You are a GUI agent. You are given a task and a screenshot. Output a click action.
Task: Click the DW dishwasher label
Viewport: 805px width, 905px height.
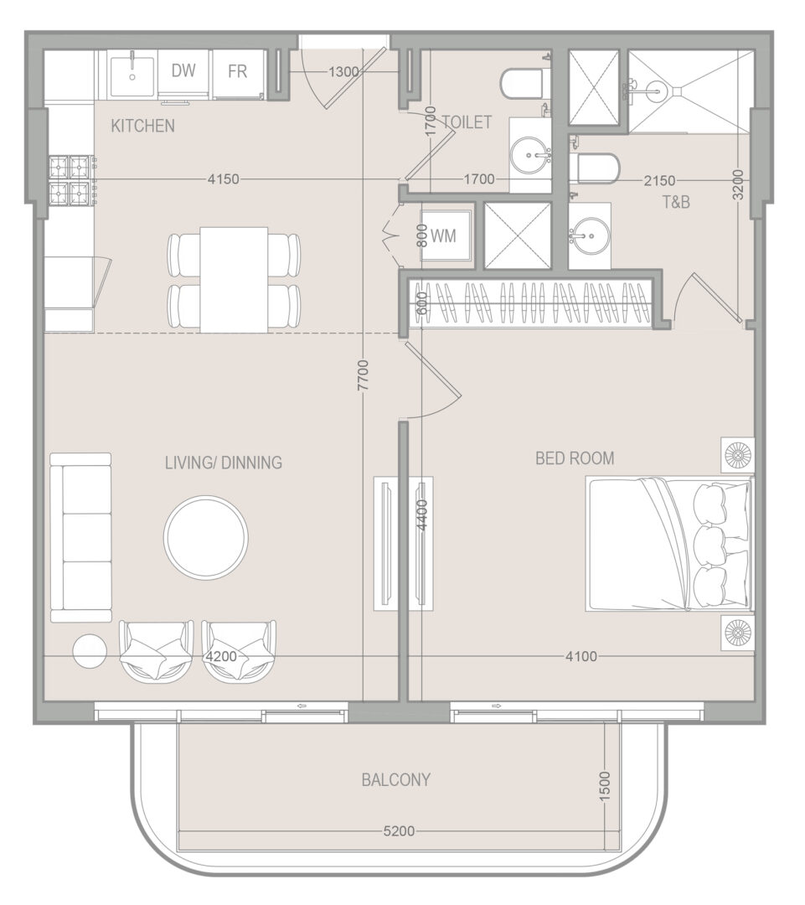183,70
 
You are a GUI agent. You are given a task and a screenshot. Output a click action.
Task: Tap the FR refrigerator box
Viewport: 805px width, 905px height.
239,73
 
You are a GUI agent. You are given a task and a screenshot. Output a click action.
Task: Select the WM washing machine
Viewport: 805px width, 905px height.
446,235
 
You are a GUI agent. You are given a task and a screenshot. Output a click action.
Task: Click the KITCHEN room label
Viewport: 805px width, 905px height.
142,126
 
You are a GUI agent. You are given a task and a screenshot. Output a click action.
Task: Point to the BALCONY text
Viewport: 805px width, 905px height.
396,780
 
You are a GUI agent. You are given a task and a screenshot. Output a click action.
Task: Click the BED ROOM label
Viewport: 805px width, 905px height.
575,458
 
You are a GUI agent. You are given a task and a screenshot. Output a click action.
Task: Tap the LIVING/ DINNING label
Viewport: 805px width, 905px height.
224,463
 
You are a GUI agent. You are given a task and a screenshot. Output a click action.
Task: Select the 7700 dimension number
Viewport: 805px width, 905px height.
363,375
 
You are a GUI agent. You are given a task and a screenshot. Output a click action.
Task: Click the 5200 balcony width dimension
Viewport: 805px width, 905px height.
399,831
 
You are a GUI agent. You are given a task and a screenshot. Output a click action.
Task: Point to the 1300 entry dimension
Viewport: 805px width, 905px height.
344,72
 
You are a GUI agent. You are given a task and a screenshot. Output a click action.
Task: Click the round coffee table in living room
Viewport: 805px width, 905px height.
206,537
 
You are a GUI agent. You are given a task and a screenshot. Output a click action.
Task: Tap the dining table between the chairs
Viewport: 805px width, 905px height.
234,279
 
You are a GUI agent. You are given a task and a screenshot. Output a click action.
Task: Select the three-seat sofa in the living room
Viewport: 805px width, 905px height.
80,537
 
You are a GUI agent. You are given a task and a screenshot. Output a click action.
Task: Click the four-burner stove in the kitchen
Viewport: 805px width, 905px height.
72,180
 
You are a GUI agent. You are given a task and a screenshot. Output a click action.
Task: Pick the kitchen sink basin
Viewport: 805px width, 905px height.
132,73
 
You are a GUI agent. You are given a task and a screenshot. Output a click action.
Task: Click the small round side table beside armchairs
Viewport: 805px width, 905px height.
90,652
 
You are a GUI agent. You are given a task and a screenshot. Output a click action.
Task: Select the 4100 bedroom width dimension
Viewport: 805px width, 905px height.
581,656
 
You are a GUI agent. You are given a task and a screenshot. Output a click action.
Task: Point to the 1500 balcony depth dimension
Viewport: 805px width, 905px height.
604,786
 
